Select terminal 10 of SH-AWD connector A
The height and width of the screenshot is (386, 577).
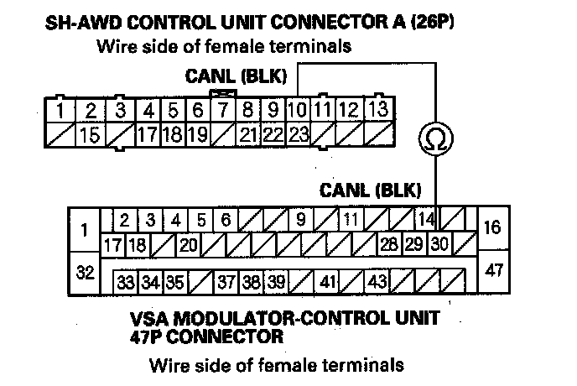(298, 110)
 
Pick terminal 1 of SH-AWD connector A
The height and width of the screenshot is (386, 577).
(60, 110)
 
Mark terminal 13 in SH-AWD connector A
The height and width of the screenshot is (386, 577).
(377, 110)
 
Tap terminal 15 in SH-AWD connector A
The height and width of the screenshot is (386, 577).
(91, 133)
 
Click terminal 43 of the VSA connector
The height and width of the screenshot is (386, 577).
(378, 281)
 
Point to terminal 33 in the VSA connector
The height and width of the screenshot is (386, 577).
(126, 281)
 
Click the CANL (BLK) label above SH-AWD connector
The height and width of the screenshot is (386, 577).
(236, 76)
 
